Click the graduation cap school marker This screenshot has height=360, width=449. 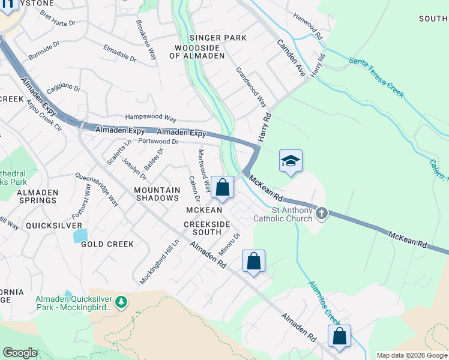click(x=291, y=161)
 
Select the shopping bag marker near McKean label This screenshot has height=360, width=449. click(x=222, y=187)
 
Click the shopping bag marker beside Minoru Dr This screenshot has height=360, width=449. click(x=253, y=262)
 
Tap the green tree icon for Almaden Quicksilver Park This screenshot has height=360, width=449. click(x=122, y=302)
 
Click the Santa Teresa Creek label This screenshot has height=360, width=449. click(x=376, y=77)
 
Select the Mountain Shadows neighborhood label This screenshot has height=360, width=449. click(x=157, y=194)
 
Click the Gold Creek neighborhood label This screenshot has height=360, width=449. click(x=107, y=244)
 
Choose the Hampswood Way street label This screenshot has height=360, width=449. click(x=150, y=118)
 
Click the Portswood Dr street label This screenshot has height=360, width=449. click(x=158, y=142)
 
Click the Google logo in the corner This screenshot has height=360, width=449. click(x=20, y=352)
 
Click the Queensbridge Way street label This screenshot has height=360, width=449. click(x=97, y=190)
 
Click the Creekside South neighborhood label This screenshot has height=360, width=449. click(x=206, y=228)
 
